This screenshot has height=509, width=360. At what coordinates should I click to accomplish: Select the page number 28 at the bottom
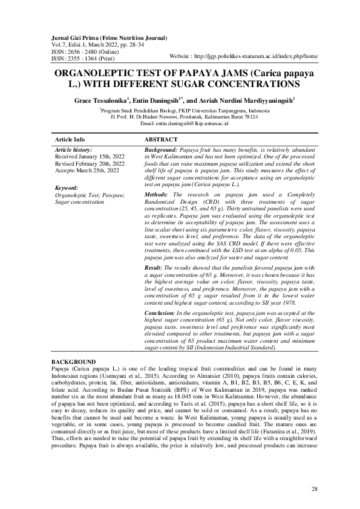click(314, 488)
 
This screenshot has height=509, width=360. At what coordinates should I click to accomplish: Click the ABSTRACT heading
click(162, 139)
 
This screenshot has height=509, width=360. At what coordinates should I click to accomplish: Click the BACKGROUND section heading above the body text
click(73, 361)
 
